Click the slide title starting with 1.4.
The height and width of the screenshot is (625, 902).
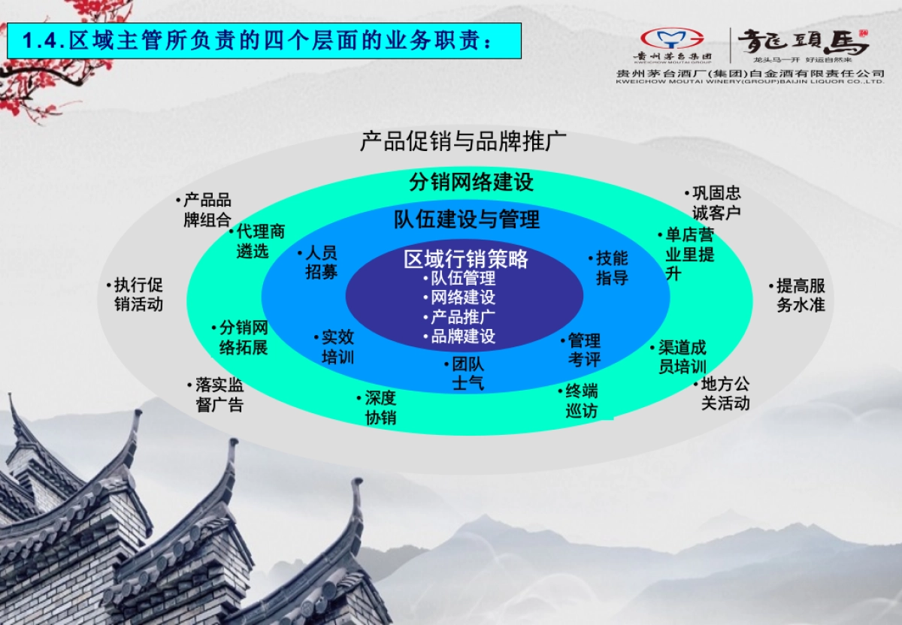coord(263,41)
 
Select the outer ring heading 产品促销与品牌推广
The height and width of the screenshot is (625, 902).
coord(463,141)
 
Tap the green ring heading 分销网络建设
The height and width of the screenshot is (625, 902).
coord(471,182)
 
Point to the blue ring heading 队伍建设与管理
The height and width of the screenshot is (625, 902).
coord(467,219)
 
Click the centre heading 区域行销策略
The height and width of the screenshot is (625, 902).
coord(466,260)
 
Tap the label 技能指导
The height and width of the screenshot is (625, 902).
coord(610,268)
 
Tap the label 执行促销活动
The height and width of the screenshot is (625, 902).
coord(136,294)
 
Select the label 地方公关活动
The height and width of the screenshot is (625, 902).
coord(723,394)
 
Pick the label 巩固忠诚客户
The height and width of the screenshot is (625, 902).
coord(714,203)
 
